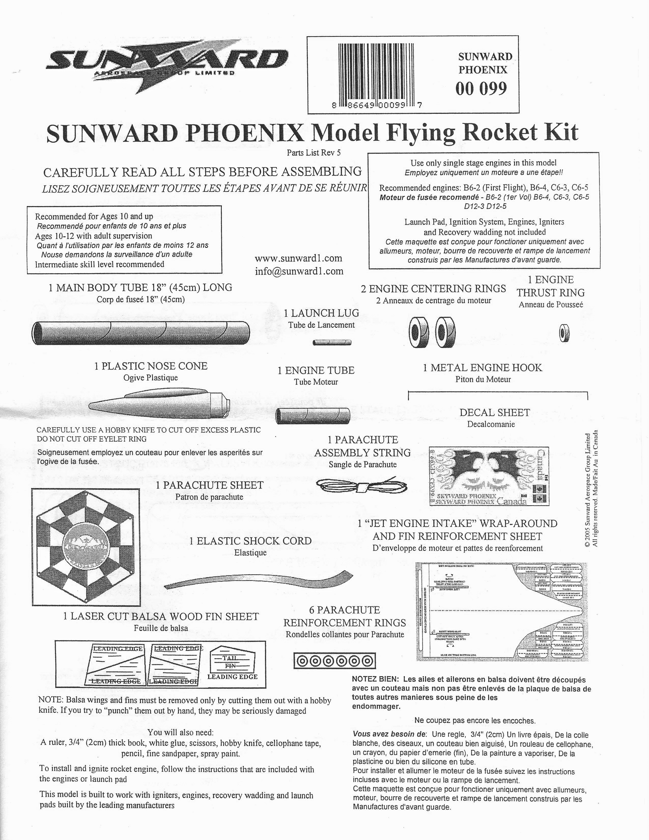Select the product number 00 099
click(x=481, y=89)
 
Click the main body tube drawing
click(x=140, y=333)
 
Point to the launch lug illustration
click(x=332, y=342)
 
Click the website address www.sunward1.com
click(x=298, y=258)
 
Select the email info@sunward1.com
click(x=299, y=271)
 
